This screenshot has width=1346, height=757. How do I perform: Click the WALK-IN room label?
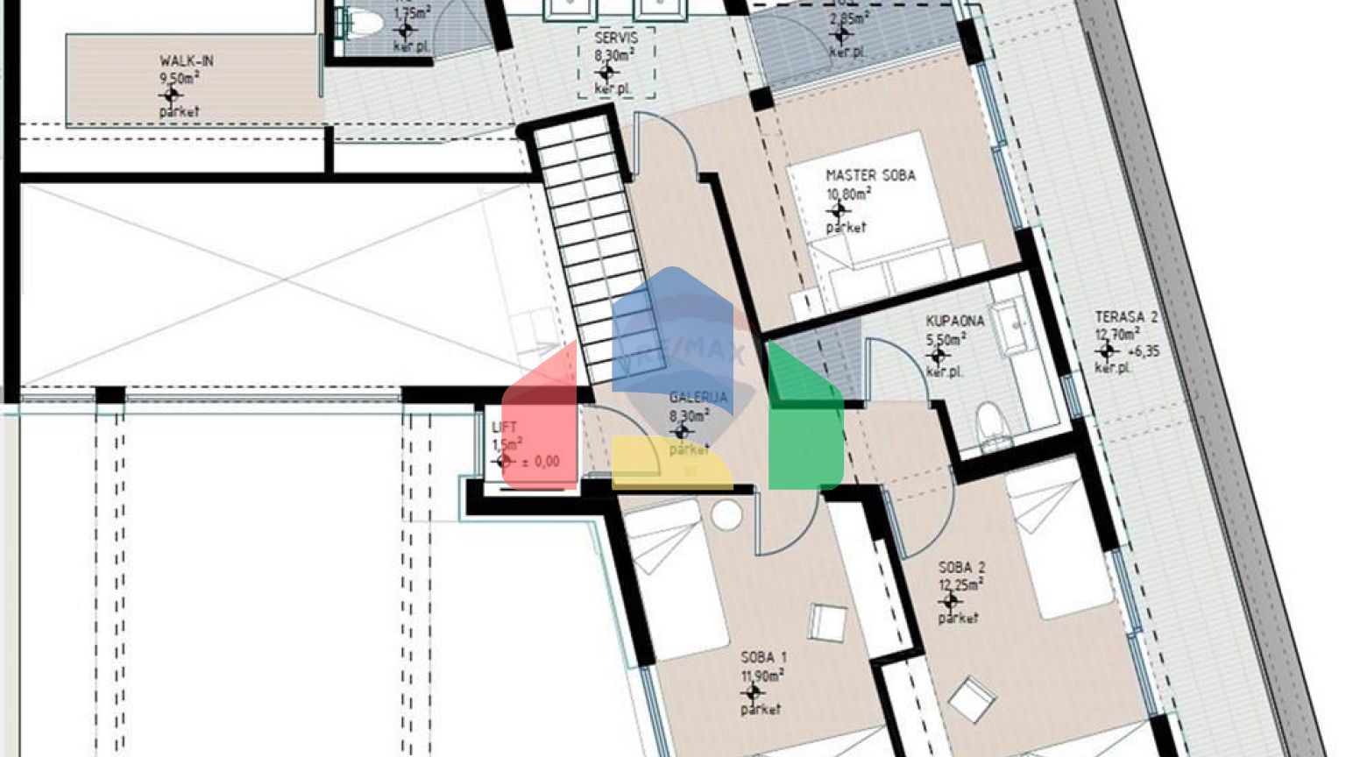coord(186,61)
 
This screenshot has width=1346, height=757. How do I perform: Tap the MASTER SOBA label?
coord(870,175)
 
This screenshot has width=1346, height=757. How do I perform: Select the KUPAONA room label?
coord(955,321)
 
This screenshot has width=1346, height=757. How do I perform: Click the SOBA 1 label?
coord(764,657)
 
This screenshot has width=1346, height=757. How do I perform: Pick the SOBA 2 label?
coord(961,568)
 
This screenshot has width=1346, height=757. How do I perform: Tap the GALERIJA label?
coord(698,398)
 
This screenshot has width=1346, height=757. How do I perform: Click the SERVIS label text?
coord(616,38)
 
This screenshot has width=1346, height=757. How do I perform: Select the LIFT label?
coord(505,428)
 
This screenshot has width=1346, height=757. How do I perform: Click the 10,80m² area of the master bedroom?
coord(848,194)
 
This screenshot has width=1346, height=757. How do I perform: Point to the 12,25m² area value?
coord(960,584)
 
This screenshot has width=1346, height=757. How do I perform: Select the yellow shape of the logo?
coord(671,464)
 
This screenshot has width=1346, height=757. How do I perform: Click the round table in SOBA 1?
coord(726,515)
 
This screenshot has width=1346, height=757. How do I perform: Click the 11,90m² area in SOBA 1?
coord(762,675)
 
